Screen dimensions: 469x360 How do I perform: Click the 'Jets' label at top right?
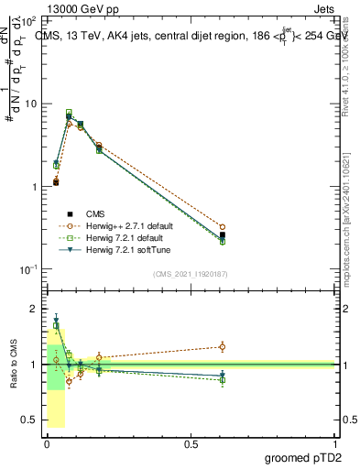point(322,7)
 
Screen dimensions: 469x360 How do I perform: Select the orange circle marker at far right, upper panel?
point(223,226)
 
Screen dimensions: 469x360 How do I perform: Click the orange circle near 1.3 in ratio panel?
point(223,346)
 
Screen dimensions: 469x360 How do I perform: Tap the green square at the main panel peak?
point(69,113)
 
